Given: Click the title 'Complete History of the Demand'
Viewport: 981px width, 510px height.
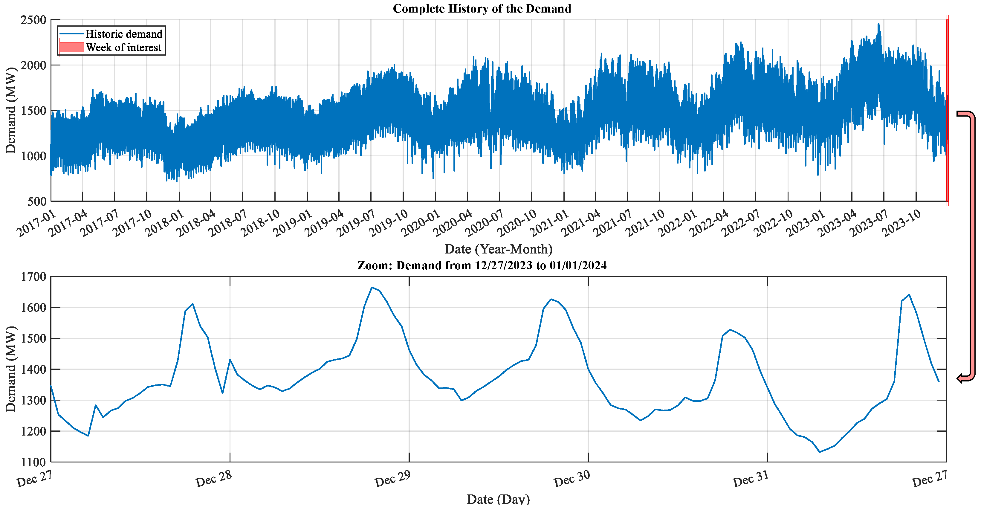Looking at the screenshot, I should pyautogui.click(x=482, y=9).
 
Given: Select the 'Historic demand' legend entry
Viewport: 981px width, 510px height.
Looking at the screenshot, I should pyautogui.click(x=123, y=34).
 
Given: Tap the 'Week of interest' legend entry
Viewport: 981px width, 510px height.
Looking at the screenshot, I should pyautogui.click(x=123, y=48).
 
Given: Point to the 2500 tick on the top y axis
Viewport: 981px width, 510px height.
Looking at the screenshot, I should pyautogui.click(x=33, y=20).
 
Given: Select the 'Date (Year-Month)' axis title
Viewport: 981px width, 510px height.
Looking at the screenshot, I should pyautogui.click(x=498, y=249).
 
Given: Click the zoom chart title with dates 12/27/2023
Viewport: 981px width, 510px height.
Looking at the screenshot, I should pyautogui.click(x=482, y=265).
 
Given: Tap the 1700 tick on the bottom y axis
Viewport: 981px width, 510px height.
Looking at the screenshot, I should pyautogui.click(x=33, y=277).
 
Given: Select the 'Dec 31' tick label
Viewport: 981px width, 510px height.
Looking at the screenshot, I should pyautogui.click(x=751, y=479).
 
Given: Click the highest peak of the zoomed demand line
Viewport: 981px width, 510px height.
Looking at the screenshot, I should pyautogui.click(x=372, y=288).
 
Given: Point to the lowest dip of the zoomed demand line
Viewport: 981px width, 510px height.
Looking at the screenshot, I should pyautogui.click(x=820, y=452).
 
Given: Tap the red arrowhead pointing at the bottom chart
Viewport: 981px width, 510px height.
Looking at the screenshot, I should pyautogui.click(x=960, y=378).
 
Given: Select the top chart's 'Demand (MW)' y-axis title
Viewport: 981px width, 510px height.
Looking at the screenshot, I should pyautogui.click(x=11, y=110).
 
